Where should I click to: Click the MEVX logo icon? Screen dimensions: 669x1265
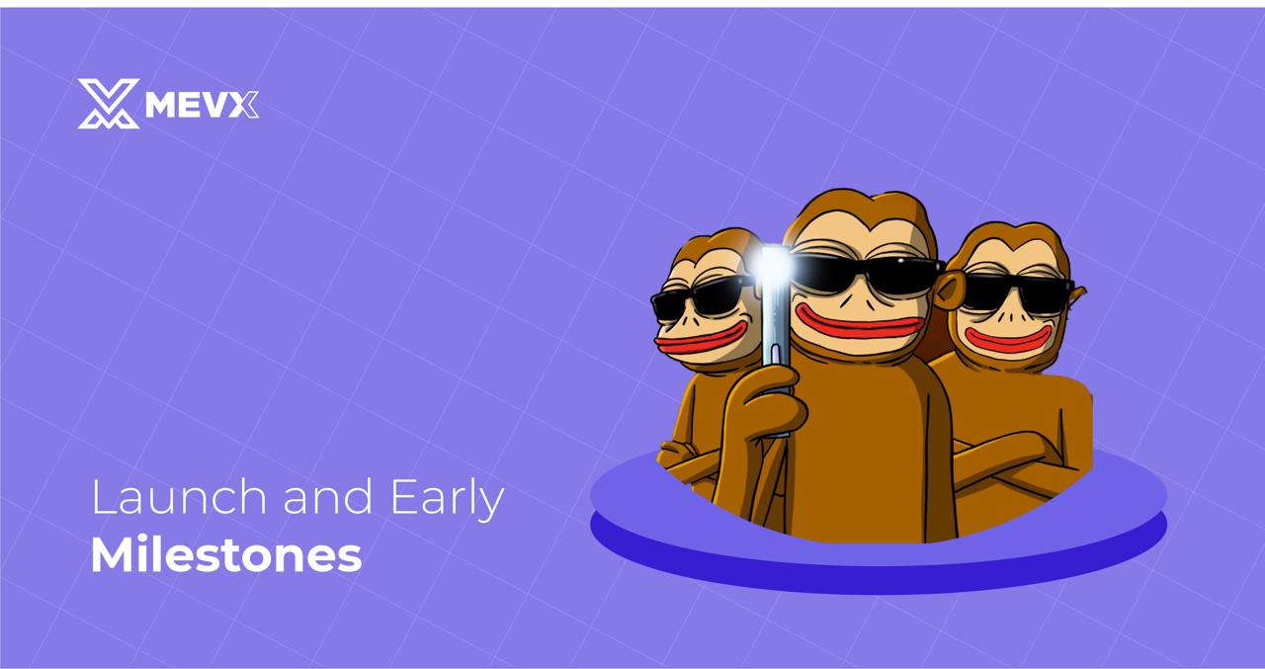(108, 104)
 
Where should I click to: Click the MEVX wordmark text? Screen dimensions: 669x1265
(202, 104)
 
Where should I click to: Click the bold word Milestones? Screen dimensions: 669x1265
(225, 555)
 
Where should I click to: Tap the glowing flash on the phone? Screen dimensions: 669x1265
(772, 261)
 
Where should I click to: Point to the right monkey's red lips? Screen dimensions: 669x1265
(1008, 339)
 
